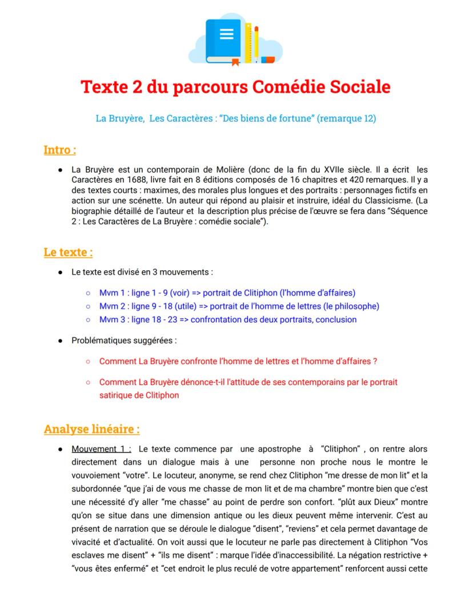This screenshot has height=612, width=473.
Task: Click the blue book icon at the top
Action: tap(223, 40)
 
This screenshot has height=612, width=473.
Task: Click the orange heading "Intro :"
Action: tap(60, 150)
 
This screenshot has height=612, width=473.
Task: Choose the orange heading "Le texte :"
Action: tap(68, 252)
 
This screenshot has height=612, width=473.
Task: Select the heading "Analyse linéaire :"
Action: tap(91, 429)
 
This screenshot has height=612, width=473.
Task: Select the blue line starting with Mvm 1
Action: tap(227, 293)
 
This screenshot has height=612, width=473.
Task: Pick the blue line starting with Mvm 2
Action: tap(239, 306)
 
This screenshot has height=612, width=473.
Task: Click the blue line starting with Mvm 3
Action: tap(227, 319)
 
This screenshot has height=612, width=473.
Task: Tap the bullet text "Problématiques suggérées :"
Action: tap(124, 341)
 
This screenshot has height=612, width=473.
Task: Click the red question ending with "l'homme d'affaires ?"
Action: tap(238, 362)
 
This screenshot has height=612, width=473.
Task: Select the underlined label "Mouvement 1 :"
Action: tap(102, 449)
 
